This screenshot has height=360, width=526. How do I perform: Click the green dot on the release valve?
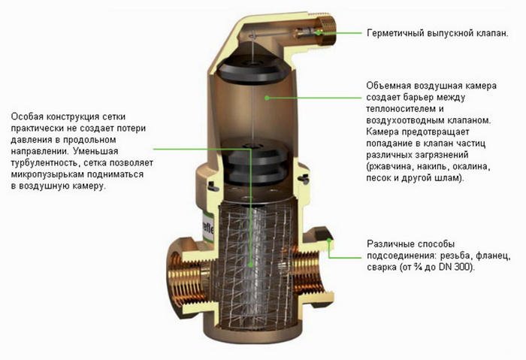tap(318, 32)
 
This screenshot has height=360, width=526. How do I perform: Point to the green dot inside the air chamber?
tap(267, 98)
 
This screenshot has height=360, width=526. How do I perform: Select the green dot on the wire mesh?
tap(251, 265)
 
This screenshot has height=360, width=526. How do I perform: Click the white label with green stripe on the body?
tap(210, 228)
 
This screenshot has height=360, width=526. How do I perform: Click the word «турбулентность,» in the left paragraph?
tap(45, 163)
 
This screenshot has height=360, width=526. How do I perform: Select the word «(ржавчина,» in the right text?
tap(390, 167)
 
